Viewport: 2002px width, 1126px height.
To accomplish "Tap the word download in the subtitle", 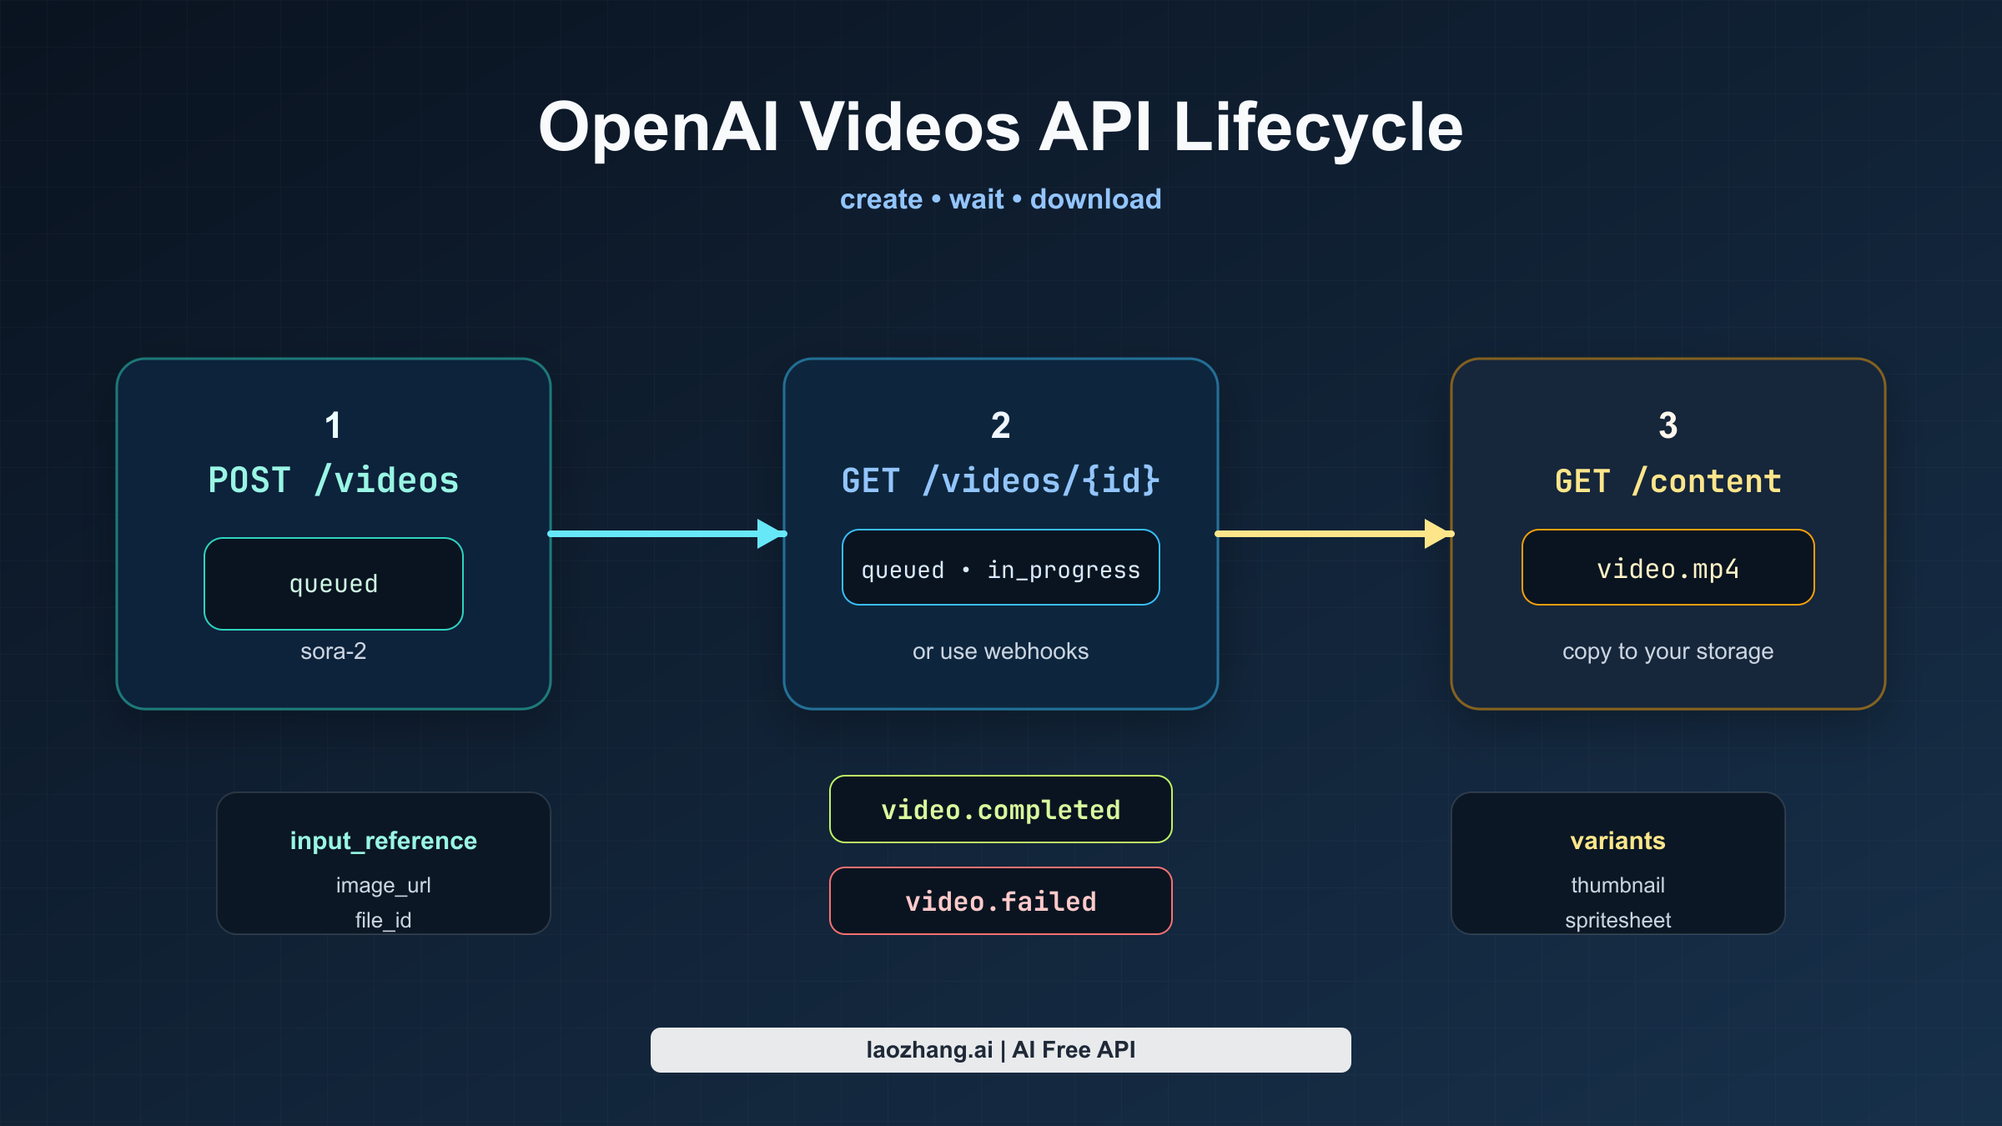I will click(x=1094, y=199).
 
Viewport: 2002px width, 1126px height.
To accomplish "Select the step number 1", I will click(x=333, y=425).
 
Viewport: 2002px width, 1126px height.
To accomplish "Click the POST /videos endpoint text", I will click(x=333, y=480).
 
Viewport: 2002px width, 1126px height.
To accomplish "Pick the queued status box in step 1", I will click(x=333, y=584).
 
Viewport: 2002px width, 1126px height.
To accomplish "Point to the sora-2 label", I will click(x=333, y=651).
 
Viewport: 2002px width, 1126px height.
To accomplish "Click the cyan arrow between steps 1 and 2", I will click(x=659, y=533).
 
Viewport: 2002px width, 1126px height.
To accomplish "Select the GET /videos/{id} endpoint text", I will click(x=1000, y=480).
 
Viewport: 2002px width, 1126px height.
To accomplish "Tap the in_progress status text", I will click(x=1063, y=570).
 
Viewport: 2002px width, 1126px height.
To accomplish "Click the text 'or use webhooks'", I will click(x=1000, y=651).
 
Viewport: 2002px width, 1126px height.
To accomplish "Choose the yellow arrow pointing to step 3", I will click(x=1326, y=533).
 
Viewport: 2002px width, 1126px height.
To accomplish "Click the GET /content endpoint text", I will click(x=1667, y=481).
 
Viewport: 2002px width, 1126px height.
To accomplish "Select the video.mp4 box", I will click(x=1667, y=568).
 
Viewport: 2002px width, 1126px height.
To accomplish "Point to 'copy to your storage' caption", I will click(x=1667, y=651).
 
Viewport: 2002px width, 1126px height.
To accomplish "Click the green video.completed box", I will click(x=1000, y=809).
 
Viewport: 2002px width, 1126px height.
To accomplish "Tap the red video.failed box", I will click(x=1000, y=901).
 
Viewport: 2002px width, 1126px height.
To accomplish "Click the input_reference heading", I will click(x=383, y=841).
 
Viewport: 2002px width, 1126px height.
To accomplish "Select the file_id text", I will click(x=383, y=920).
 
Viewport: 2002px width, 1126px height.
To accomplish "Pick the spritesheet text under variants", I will click(x=1617, y=920).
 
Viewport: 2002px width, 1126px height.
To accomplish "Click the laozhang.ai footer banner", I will click(x=1000, y=1050).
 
